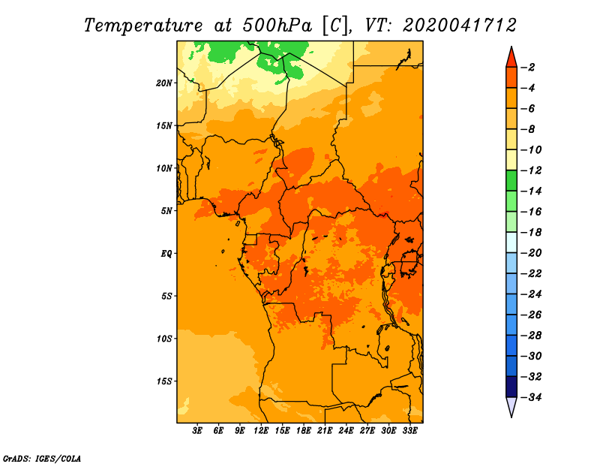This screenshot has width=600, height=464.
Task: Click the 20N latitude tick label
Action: click(x=163, y=83)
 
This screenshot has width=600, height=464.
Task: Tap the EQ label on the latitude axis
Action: click(x=166, y=254)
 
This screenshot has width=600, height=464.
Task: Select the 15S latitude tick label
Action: click(x=163, y=381)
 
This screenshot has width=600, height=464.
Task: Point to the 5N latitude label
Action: click(x=166, y=211)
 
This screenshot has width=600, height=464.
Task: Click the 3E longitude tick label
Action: click(x=197, y=431)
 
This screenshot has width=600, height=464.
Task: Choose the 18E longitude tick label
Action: click(x=304, y=431)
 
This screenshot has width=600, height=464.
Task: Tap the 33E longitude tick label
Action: click(x=409, y=431)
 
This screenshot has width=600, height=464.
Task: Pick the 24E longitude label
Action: click(x=346, y=431)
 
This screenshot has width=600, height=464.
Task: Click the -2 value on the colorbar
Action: click(x=528, y=68)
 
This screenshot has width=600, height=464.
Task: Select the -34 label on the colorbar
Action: click(x=531, y=397)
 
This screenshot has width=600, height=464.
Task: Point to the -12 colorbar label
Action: click(x=531, y=170)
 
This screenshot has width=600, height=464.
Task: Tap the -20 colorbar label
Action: click(x=531, y=253)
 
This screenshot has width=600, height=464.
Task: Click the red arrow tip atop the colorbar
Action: click(x=511, y=47)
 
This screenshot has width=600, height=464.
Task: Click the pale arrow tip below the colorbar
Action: click(x=511, y=417)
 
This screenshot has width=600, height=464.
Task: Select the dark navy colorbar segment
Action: click(x=511, y=387)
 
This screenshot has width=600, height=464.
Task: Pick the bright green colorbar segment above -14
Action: click(x=511, y=180)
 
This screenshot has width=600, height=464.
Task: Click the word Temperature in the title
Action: click(x=142, y=26)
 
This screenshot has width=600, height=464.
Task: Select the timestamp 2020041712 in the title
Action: click(x=460, y=26)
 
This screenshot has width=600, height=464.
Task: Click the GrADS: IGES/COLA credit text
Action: click(x=42, y=459)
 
